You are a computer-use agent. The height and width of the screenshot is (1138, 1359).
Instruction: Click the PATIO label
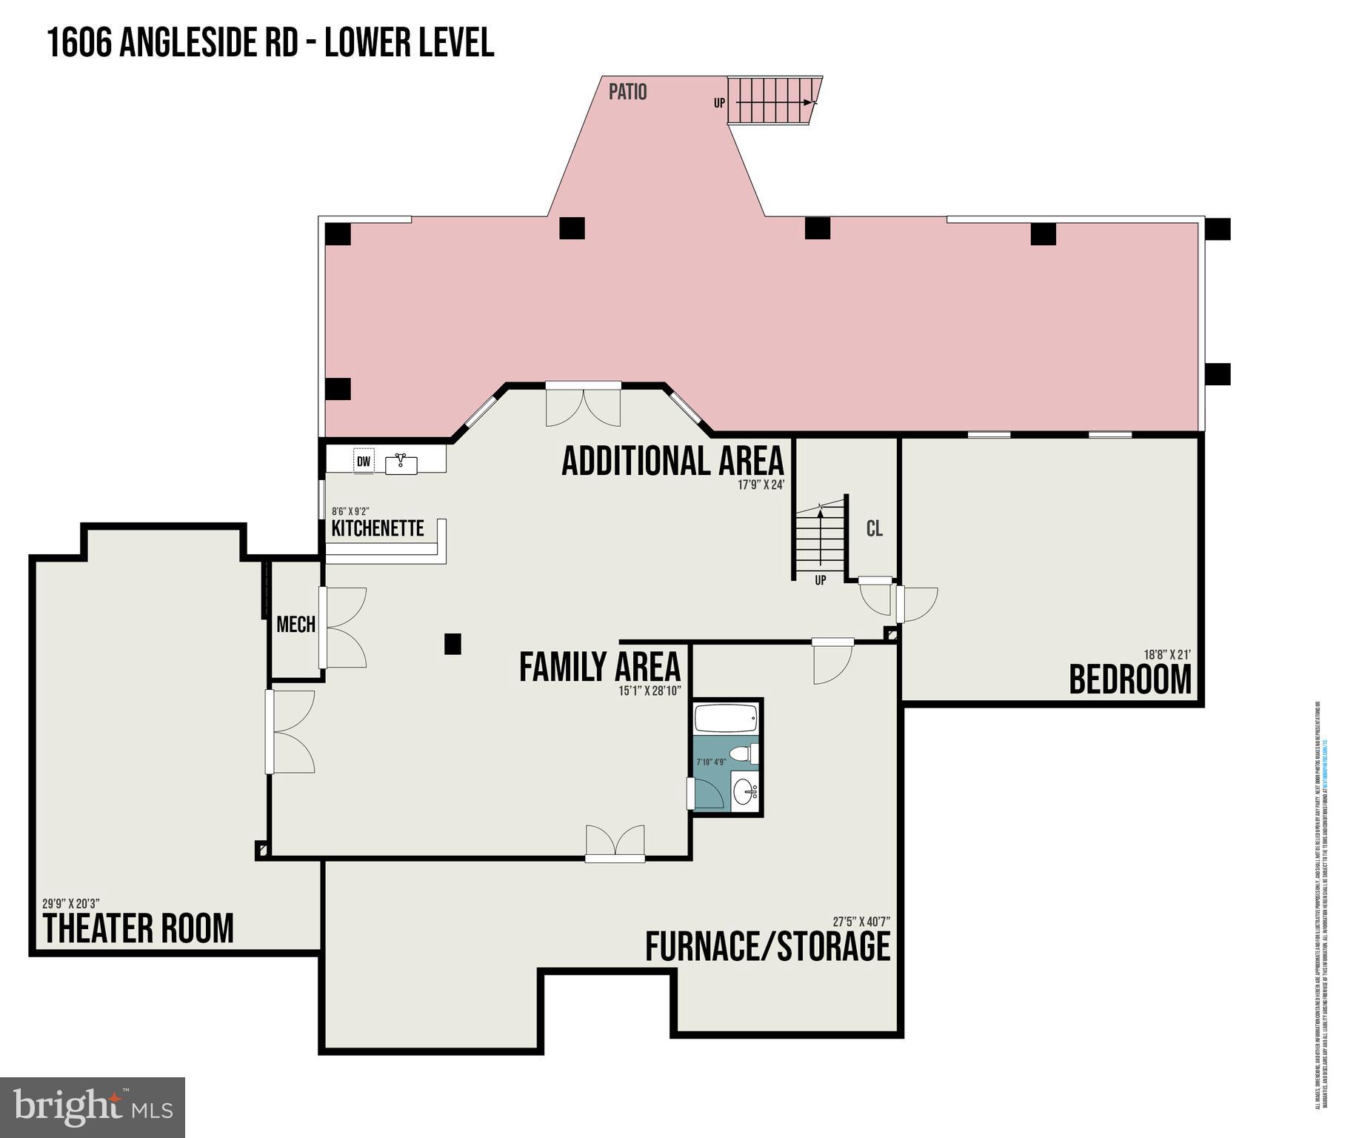pos(627,92)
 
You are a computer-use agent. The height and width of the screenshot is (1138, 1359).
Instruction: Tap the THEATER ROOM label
pos(138,929)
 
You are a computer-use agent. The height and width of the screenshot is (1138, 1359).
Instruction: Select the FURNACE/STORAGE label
pos(767,947)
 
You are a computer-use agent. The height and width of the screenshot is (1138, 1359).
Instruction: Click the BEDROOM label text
pos(1130,680)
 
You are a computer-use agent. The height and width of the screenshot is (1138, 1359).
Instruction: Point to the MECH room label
pos(295,625)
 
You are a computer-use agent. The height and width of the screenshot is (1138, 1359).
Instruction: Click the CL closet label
pos(874,528)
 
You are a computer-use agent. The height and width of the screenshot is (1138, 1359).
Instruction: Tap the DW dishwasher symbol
pos(364,462)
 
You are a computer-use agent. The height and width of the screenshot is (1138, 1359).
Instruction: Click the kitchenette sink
pos(401,464)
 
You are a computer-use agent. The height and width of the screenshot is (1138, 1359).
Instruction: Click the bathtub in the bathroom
pos(726,716)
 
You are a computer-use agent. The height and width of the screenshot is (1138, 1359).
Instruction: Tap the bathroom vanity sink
pos(745,793)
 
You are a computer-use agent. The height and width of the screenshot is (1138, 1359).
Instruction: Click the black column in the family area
pos(453,644)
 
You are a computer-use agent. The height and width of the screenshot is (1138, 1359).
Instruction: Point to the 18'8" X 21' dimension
pos(1166,654)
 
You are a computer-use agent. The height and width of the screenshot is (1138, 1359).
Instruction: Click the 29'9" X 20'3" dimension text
pos(71,903)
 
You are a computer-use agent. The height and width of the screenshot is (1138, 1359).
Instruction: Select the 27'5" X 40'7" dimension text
pos(861,922)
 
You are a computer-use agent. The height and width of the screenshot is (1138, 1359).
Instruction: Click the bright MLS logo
pos(93,1108)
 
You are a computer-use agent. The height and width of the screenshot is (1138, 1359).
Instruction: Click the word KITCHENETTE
pos(378,528)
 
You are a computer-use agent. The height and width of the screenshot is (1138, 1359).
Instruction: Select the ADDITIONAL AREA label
pos(672,461)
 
